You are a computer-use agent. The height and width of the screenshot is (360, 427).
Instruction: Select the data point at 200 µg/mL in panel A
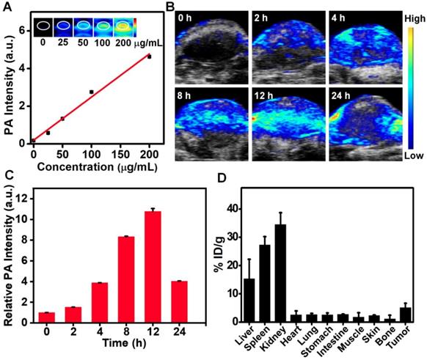tap(150, 56)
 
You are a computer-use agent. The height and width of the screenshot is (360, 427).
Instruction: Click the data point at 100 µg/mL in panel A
tap(92, 92)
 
